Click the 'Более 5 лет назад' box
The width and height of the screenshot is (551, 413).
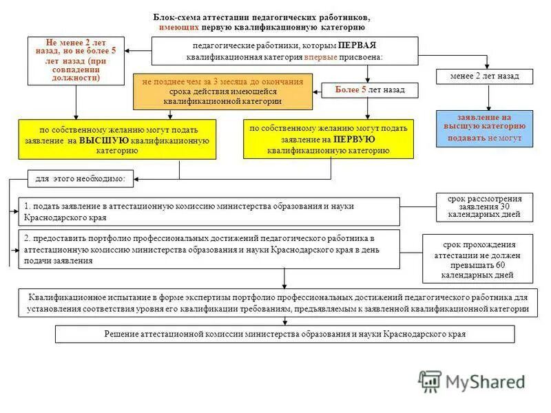pyautogui.click(x=370, y=90)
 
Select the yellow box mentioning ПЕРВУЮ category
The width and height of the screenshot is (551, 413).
pyautogui.click(x=329, y=139)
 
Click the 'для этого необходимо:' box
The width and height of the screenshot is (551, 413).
pyautogui.click(x=81, y=179)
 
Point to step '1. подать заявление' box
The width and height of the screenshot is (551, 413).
pyautogui.click(x=209, y=211)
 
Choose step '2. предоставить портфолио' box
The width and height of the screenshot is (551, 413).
pyautogui.click(x=209, y=249)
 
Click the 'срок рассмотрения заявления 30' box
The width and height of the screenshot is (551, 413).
pyautogui.click(x=485, y=207)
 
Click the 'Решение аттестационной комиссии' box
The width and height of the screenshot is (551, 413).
pyautogui.click(x=284, y=334)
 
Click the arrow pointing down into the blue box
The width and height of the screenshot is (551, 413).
pyautogui.click(x=489, y=106)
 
